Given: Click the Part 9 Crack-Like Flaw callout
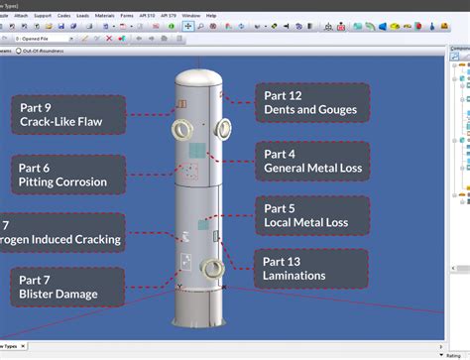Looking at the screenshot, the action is [72, 115].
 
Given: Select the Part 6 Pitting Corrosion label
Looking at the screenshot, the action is [68, 174].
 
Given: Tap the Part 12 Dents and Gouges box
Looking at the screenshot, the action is [312, 102].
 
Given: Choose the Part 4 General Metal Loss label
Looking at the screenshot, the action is [312, 161].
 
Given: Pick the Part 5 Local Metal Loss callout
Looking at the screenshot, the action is [312, 216].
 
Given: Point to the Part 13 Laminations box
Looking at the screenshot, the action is [311, 268].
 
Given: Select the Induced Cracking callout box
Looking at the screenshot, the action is [62, 232].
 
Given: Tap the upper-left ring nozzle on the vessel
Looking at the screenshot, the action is [181, 130].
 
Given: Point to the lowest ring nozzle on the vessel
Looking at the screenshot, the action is [210, 268].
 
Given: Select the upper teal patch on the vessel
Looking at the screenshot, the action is [196, 152].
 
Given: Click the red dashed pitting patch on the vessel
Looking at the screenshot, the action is [189, 172].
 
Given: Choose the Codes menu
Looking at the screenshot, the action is [64, 16].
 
